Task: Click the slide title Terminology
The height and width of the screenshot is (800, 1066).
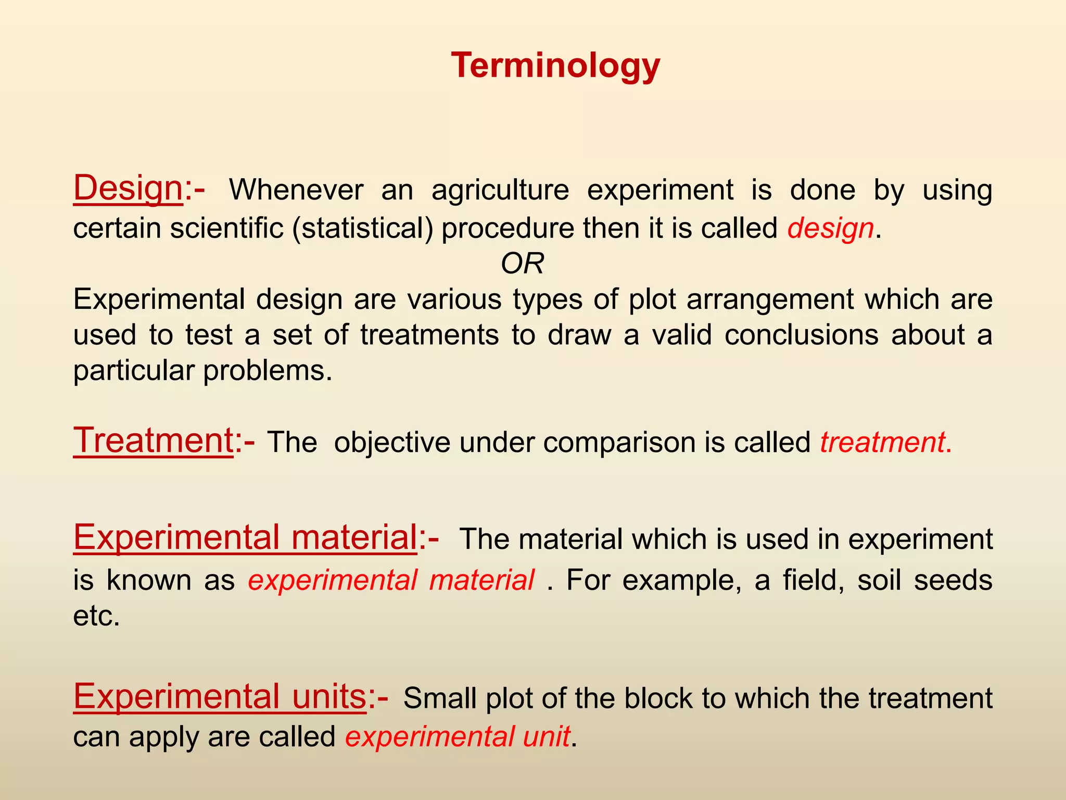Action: point(555,66)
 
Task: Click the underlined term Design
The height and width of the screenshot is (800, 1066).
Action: point(128,189)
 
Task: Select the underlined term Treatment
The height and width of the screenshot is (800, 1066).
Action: point(153,441)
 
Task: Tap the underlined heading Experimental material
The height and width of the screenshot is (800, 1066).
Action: point(245,537)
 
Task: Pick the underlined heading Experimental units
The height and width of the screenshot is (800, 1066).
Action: point(220,696)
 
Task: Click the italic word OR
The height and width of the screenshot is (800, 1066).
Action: point(522,264)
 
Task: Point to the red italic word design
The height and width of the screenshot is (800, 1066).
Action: point(830,229)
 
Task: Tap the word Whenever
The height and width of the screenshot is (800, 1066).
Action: point(296,190)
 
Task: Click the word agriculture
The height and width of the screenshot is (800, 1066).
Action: point(500,190)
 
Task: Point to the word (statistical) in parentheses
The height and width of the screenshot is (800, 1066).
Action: point(362,229)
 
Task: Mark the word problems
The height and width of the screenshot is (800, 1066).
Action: point(267,371)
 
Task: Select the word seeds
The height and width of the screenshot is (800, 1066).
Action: point(953,580)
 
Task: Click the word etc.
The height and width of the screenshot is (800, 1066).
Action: point(96,616)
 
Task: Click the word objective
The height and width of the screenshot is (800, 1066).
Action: point(391,443)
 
